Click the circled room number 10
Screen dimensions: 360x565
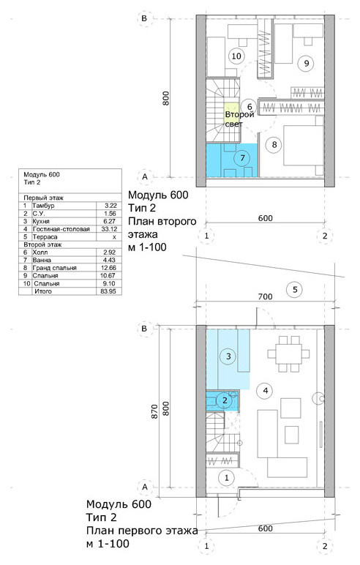pos(236,56)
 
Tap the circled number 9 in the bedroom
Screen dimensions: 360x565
pos(307,64)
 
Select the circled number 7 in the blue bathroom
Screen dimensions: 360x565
pos(242,157)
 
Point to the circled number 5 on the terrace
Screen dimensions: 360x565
pos(295,289)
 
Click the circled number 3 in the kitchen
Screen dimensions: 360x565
pos(228,356)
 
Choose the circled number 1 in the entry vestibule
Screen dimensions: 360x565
pos(227,478)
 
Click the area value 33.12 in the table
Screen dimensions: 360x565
pos(108,229)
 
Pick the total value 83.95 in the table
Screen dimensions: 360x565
pos(108,291)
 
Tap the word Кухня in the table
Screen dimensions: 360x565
pos(41,221)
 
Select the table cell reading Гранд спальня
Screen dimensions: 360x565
pos(54,268)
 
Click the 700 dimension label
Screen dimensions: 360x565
pos(265,297)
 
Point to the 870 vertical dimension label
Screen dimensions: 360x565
pos(154,411)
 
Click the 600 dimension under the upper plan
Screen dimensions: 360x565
pos(265,218)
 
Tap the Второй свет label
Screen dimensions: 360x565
pos(239,119)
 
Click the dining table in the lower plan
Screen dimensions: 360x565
pos(288,353)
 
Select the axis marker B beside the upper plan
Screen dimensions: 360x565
pos(144,18)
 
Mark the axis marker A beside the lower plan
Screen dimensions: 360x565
pos(145,487)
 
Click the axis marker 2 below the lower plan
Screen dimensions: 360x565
pos(325,545)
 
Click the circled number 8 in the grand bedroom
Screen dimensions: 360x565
pos(274,144)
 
